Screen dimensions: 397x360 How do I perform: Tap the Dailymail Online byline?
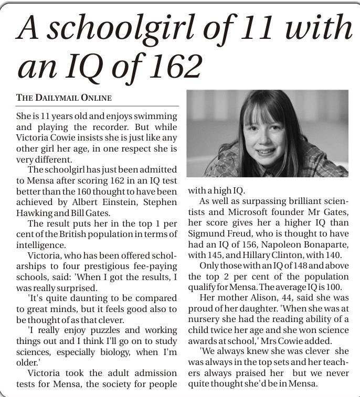point(64,98)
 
